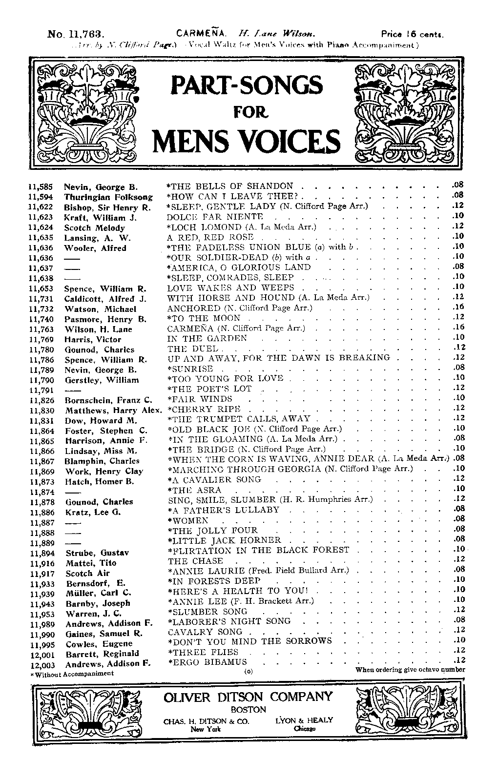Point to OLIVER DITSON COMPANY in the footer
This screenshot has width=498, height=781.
pyautogui.click(x=248, y=697)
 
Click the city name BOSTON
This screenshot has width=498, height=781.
pyautogui.click(x=249, y=709)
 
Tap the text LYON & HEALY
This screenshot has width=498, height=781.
pyautogui.click(x=304, y=720)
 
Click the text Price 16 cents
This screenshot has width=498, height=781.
pyautogui.click(x=412, y=35)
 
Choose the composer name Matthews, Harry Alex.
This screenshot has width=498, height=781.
pyautogui.click(x=113, y=411)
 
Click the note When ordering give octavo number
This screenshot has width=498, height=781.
pyautogui.click(x=410, y=670)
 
